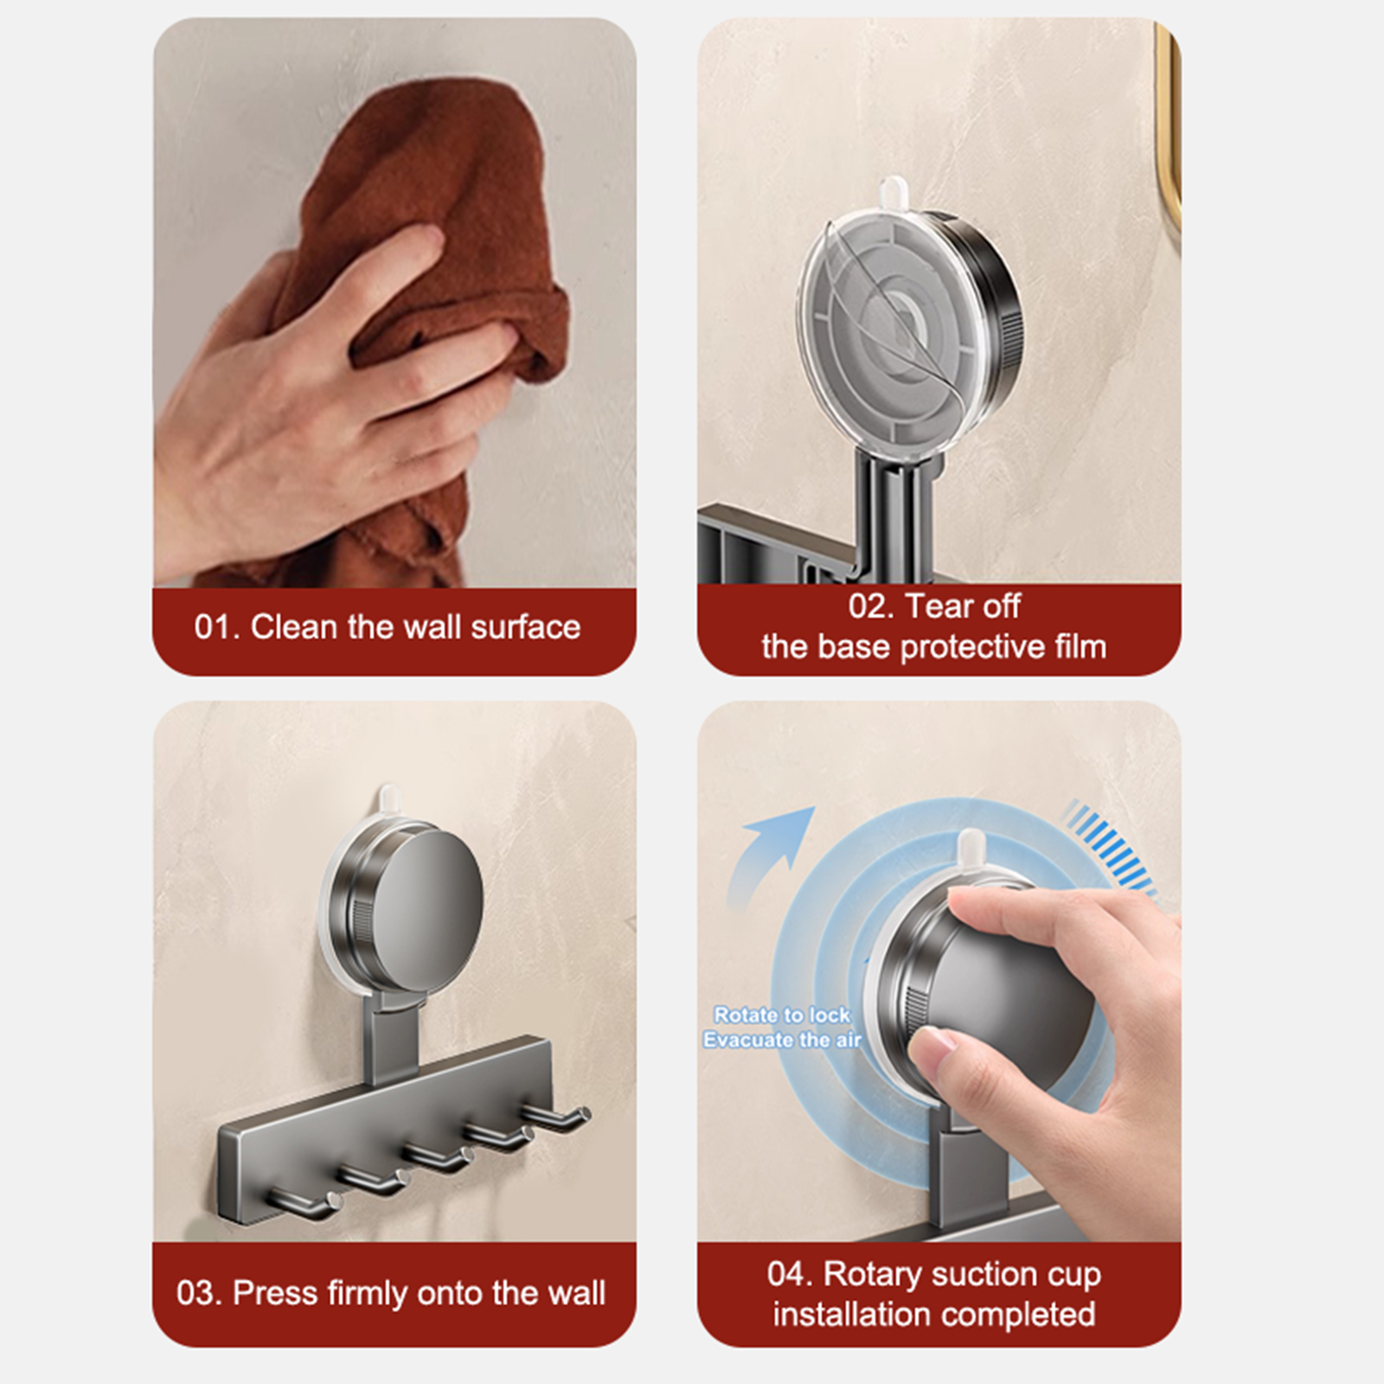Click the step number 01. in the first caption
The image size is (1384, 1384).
pyautogui.click(x=217, y=627)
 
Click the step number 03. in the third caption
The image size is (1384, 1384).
pyautogui.click(x=200, y=1293)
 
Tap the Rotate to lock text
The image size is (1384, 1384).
pyautogui.click(x=782, y=1015)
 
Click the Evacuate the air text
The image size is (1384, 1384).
pyautogui.click(x=782, y=1040)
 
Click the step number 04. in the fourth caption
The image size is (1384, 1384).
pyautogui.click(x=790, y=1274)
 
